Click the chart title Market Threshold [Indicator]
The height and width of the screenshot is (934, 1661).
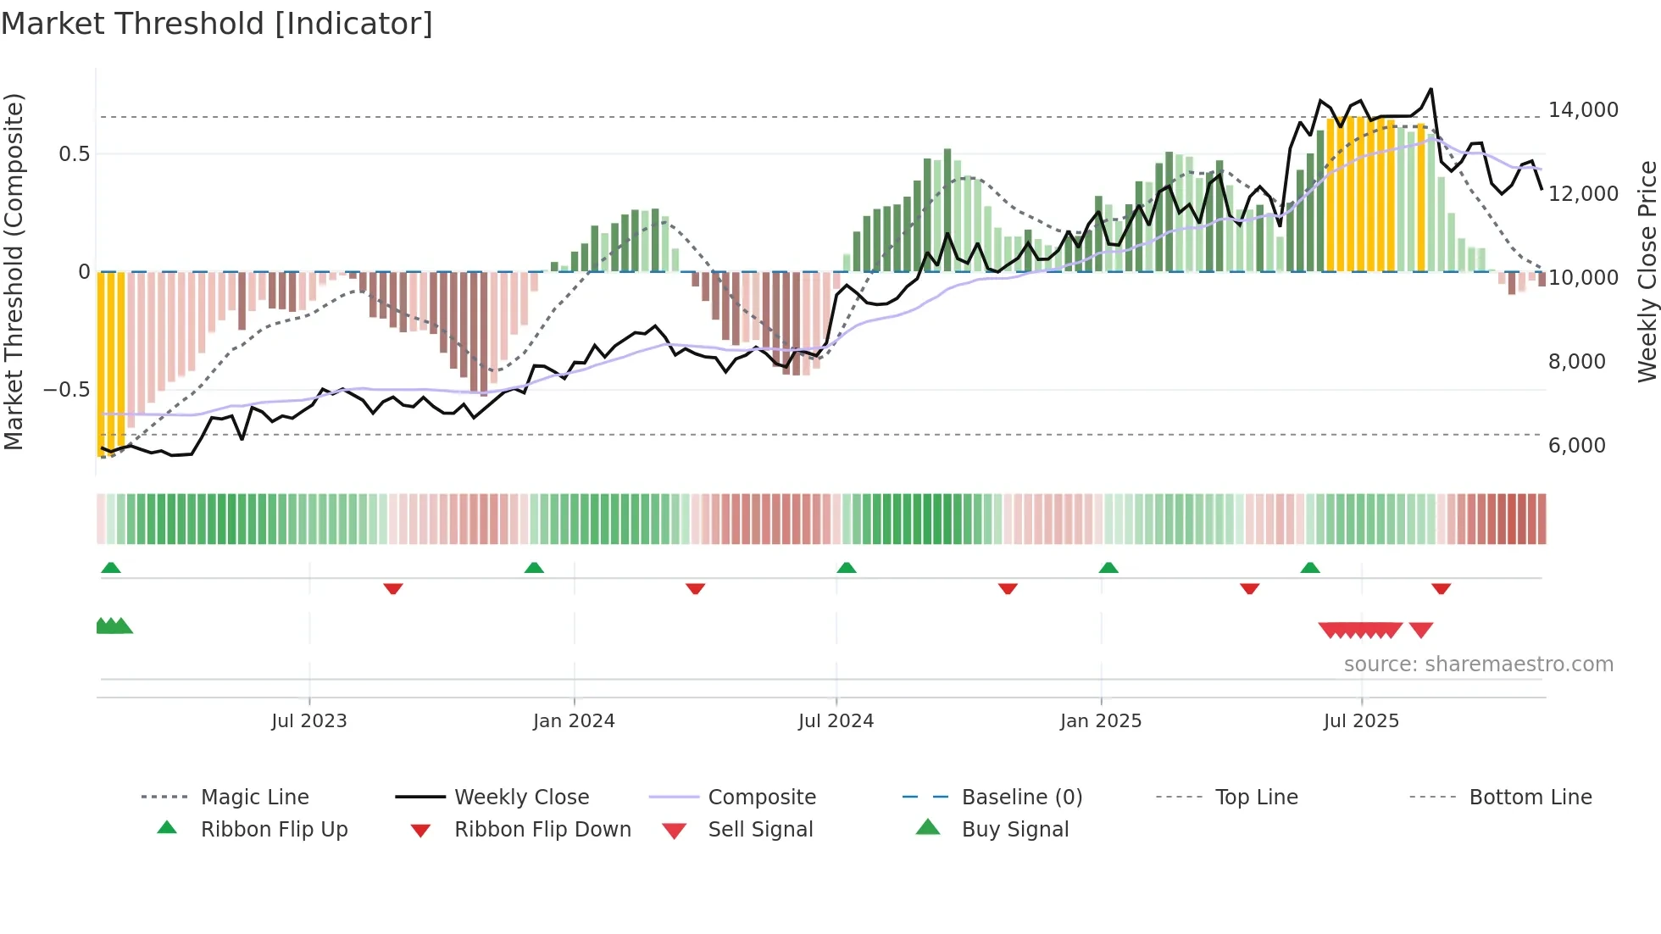tap(217, 24)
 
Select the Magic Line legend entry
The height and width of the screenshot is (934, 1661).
tap(254, 797)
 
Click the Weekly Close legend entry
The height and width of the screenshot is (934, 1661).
tap(521, 797)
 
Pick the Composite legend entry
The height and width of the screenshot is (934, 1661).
tap(761, 797)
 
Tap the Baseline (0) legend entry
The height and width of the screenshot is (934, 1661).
tap(1021, 797)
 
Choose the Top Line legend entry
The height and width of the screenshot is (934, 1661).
tap(1256, 797)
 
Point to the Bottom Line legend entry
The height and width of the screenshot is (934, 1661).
tap(1530, 797)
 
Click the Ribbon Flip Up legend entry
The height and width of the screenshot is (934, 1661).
tap(274, 829)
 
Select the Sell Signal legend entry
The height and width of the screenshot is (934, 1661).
tap(759, 829)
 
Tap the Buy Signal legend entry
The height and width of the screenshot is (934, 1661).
tap(1014, 829)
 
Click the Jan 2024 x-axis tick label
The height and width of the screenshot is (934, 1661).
tap(574, 721)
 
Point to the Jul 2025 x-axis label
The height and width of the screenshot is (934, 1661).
tap(1361, 721)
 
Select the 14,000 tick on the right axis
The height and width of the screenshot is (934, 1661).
tap(1583, 110)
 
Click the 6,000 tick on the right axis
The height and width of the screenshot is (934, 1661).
tap(1576, 446)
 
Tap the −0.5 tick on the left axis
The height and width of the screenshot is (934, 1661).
tap(66, 390)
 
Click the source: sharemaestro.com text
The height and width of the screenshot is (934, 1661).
tap(1478, 664)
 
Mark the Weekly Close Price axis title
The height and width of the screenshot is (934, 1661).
tap(1647, 271)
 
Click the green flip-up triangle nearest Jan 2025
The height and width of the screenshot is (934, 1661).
tap(1108, 568)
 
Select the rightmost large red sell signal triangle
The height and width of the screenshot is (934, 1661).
tap(1421, 630)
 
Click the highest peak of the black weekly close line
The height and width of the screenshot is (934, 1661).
tap(1431, 89)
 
